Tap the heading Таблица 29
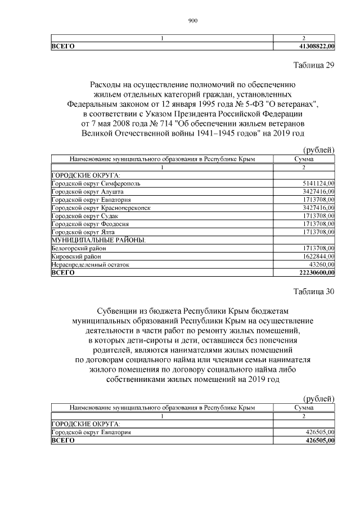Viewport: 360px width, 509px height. tap(314, 65)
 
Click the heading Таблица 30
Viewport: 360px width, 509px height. tap(314, 291)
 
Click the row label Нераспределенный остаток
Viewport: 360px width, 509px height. tap(90, 264)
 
